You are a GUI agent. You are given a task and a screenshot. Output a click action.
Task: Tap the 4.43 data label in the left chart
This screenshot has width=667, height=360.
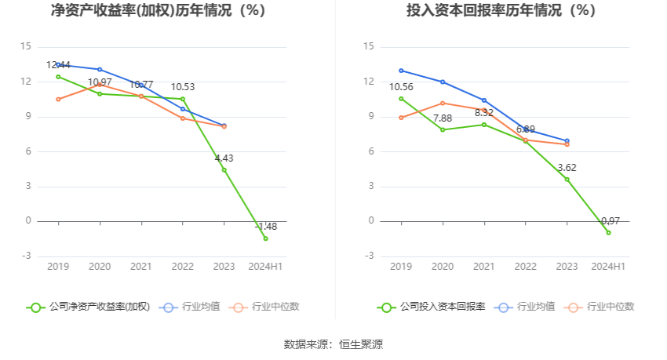[224, 158]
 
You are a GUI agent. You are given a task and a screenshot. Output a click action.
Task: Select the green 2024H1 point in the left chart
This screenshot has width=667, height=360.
[265, 238]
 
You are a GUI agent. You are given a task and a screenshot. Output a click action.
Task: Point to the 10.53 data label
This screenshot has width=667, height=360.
[183, 87]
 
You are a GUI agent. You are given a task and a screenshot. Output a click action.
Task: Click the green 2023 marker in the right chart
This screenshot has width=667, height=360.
[567, 179]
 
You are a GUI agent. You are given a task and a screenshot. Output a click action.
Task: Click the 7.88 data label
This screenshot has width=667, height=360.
[443, 118]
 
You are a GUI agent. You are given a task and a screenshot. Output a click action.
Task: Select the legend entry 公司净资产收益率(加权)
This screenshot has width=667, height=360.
[89, 307]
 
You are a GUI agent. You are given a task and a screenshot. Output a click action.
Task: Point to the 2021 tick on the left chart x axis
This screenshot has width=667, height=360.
[141, 267]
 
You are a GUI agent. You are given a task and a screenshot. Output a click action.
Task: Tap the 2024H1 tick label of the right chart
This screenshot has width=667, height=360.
[608, 267]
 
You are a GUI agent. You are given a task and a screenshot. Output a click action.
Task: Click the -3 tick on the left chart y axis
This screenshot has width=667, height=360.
[27, 256]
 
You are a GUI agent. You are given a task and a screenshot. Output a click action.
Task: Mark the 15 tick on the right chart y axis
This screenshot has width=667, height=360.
[368, 46]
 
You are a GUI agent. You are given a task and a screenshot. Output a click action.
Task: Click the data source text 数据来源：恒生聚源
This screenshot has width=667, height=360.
[333, 344]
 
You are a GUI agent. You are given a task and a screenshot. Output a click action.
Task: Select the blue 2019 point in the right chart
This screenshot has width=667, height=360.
[401, 70]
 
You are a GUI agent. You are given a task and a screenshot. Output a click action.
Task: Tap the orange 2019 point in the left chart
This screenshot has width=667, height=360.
[58, 99]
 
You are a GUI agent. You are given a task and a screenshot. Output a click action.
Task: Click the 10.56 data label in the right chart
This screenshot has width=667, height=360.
[401, 87]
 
